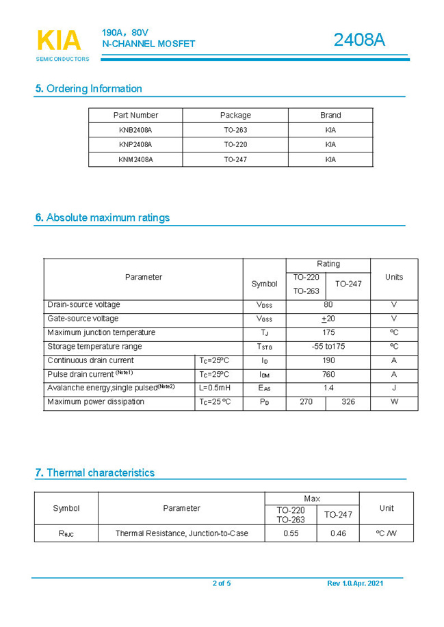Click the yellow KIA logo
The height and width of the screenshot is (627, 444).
point(59,40)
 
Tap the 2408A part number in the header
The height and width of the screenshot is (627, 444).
point(359,40)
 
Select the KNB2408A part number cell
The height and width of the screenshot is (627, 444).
point(135,130)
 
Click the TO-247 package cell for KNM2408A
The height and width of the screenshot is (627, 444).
point(235,159)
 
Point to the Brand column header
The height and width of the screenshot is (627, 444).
point(330,115)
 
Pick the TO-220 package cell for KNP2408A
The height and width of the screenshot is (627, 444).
point(235,145)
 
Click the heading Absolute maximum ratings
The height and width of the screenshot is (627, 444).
point(103,217)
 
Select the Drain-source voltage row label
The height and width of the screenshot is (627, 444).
point(83,305)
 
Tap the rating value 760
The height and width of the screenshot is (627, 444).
point(328,375)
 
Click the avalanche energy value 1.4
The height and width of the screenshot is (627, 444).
point(328,388)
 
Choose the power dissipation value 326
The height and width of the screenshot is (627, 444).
point(348,402)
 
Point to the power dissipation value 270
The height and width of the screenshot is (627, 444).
point(306,402)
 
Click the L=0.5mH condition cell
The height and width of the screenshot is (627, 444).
point(215,388)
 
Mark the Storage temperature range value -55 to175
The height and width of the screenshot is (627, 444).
point(328,347)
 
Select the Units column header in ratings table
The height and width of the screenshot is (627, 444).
point(394,277)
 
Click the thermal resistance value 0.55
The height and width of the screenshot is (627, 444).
point(291,533)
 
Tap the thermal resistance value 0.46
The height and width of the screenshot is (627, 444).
point(338,533)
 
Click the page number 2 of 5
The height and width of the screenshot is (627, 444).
point(222,583)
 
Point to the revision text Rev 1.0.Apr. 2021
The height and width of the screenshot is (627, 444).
point(355,583)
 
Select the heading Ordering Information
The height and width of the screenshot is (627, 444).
point(89,88)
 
